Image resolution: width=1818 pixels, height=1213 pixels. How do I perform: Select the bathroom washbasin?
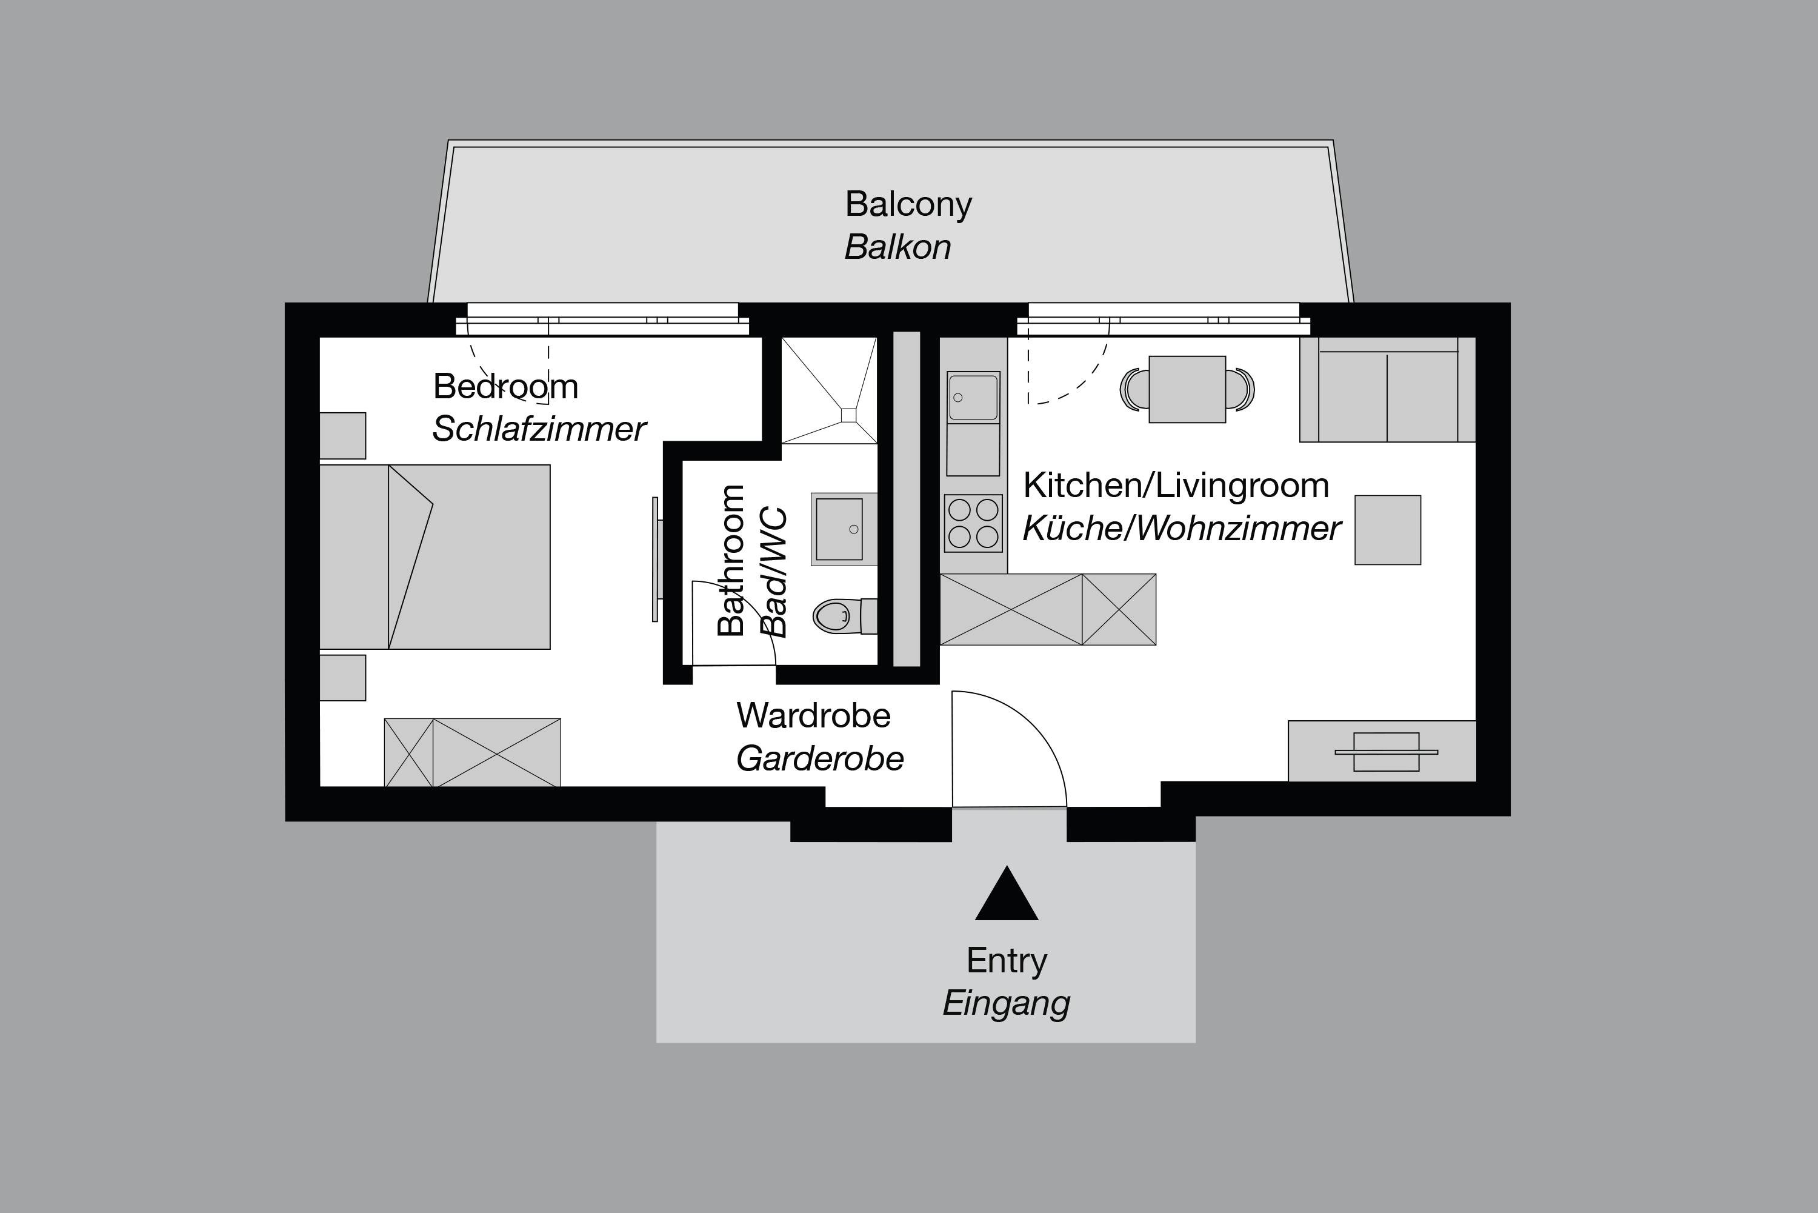click(841, 529)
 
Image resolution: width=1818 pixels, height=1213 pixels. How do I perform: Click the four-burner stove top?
click(973, 523)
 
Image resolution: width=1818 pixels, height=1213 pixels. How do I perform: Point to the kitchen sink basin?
click(973, 398)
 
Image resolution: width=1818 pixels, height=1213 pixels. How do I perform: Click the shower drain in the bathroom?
click(848, 415)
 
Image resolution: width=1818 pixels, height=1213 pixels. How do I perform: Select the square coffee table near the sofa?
click(1387, 530)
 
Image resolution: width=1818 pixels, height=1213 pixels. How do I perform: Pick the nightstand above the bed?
click(342, 435)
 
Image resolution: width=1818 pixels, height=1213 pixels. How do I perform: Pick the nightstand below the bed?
click(342, 678)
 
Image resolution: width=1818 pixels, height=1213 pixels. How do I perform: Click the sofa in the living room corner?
click(1387, 390)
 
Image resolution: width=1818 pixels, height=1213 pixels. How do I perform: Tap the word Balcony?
click(908, 204)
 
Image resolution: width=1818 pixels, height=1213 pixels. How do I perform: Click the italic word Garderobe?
click(820, 759)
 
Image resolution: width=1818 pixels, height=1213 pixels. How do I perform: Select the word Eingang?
click(1006, 1003)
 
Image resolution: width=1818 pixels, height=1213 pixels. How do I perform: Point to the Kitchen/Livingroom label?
click(1176, 486)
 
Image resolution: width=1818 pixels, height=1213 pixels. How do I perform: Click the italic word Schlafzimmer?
click(538, 429)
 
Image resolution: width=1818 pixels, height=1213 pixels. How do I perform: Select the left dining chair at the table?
click(1134, 389)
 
